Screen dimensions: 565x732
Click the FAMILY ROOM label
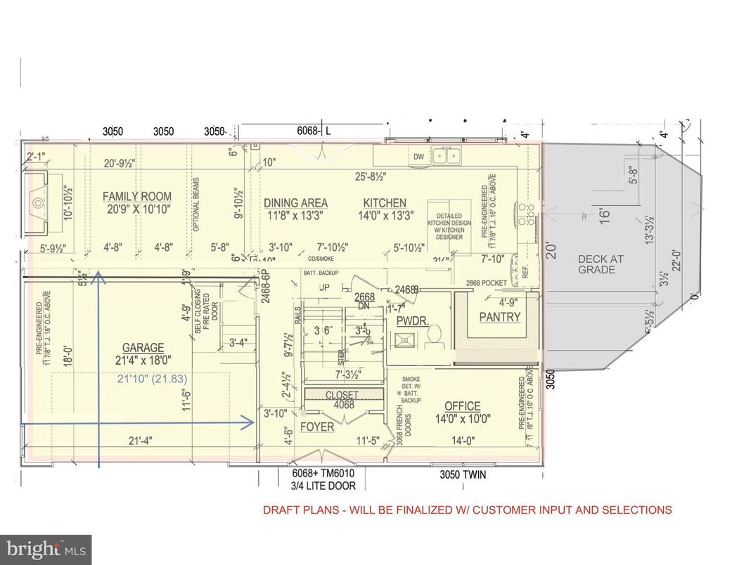pos(137,197)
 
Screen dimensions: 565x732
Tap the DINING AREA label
pos(295,203)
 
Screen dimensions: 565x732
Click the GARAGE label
pos(143,348)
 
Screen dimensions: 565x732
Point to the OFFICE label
pos(462,406)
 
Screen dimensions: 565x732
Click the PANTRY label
pos(499,317)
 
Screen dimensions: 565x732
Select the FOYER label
pos(317,427)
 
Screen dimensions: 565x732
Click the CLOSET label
pos(342,396)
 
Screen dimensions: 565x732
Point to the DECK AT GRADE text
pos(601,264)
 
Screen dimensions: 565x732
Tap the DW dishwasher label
pos(418,157)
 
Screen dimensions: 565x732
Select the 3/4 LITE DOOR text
pos(323,486)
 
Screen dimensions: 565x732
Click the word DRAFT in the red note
pos(281,510)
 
